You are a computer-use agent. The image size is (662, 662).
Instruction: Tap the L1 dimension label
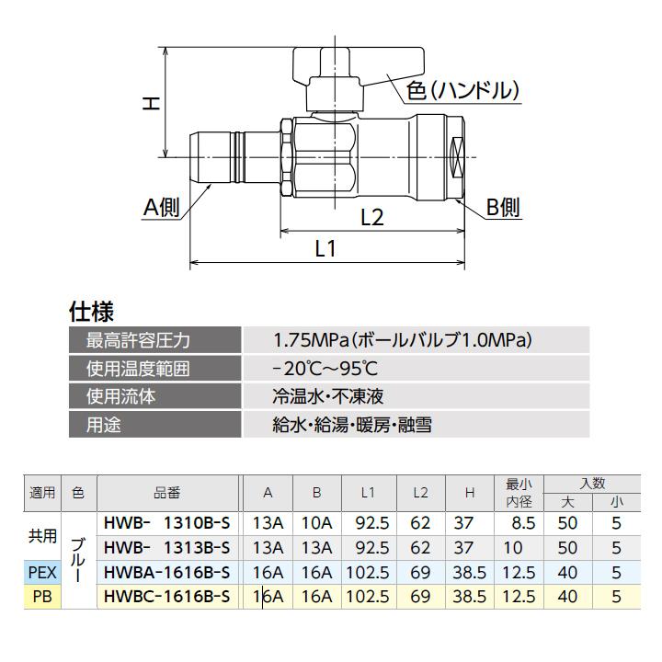(x=327, y=248)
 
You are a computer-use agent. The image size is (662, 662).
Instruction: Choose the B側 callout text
(x=502, y=208)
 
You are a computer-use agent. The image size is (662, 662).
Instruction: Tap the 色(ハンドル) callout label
(x=463, y=91)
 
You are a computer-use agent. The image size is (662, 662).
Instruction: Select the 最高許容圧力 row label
(x=138, y=340)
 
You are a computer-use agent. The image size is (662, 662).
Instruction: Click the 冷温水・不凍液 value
(x=327, y=396)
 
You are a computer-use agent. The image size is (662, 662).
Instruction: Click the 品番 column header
(x=167, y=492)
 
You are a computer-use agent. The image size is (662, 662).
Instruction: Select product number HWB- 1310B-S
(x=166, y=521)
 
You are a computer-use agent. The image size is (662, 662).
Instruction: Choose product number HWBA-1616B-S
(x=166, y=571)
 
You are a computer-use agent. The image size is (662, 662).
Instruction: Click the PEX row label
(x=42, y=571)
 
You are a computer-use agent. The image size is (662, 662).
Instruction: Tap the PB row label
(x=42, y=596)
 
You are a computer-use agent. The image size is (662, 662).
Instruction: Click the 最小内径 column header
(x=519, y=492)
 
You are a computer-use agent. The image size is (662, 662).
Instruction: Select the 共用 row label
(x=42, y=534)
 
